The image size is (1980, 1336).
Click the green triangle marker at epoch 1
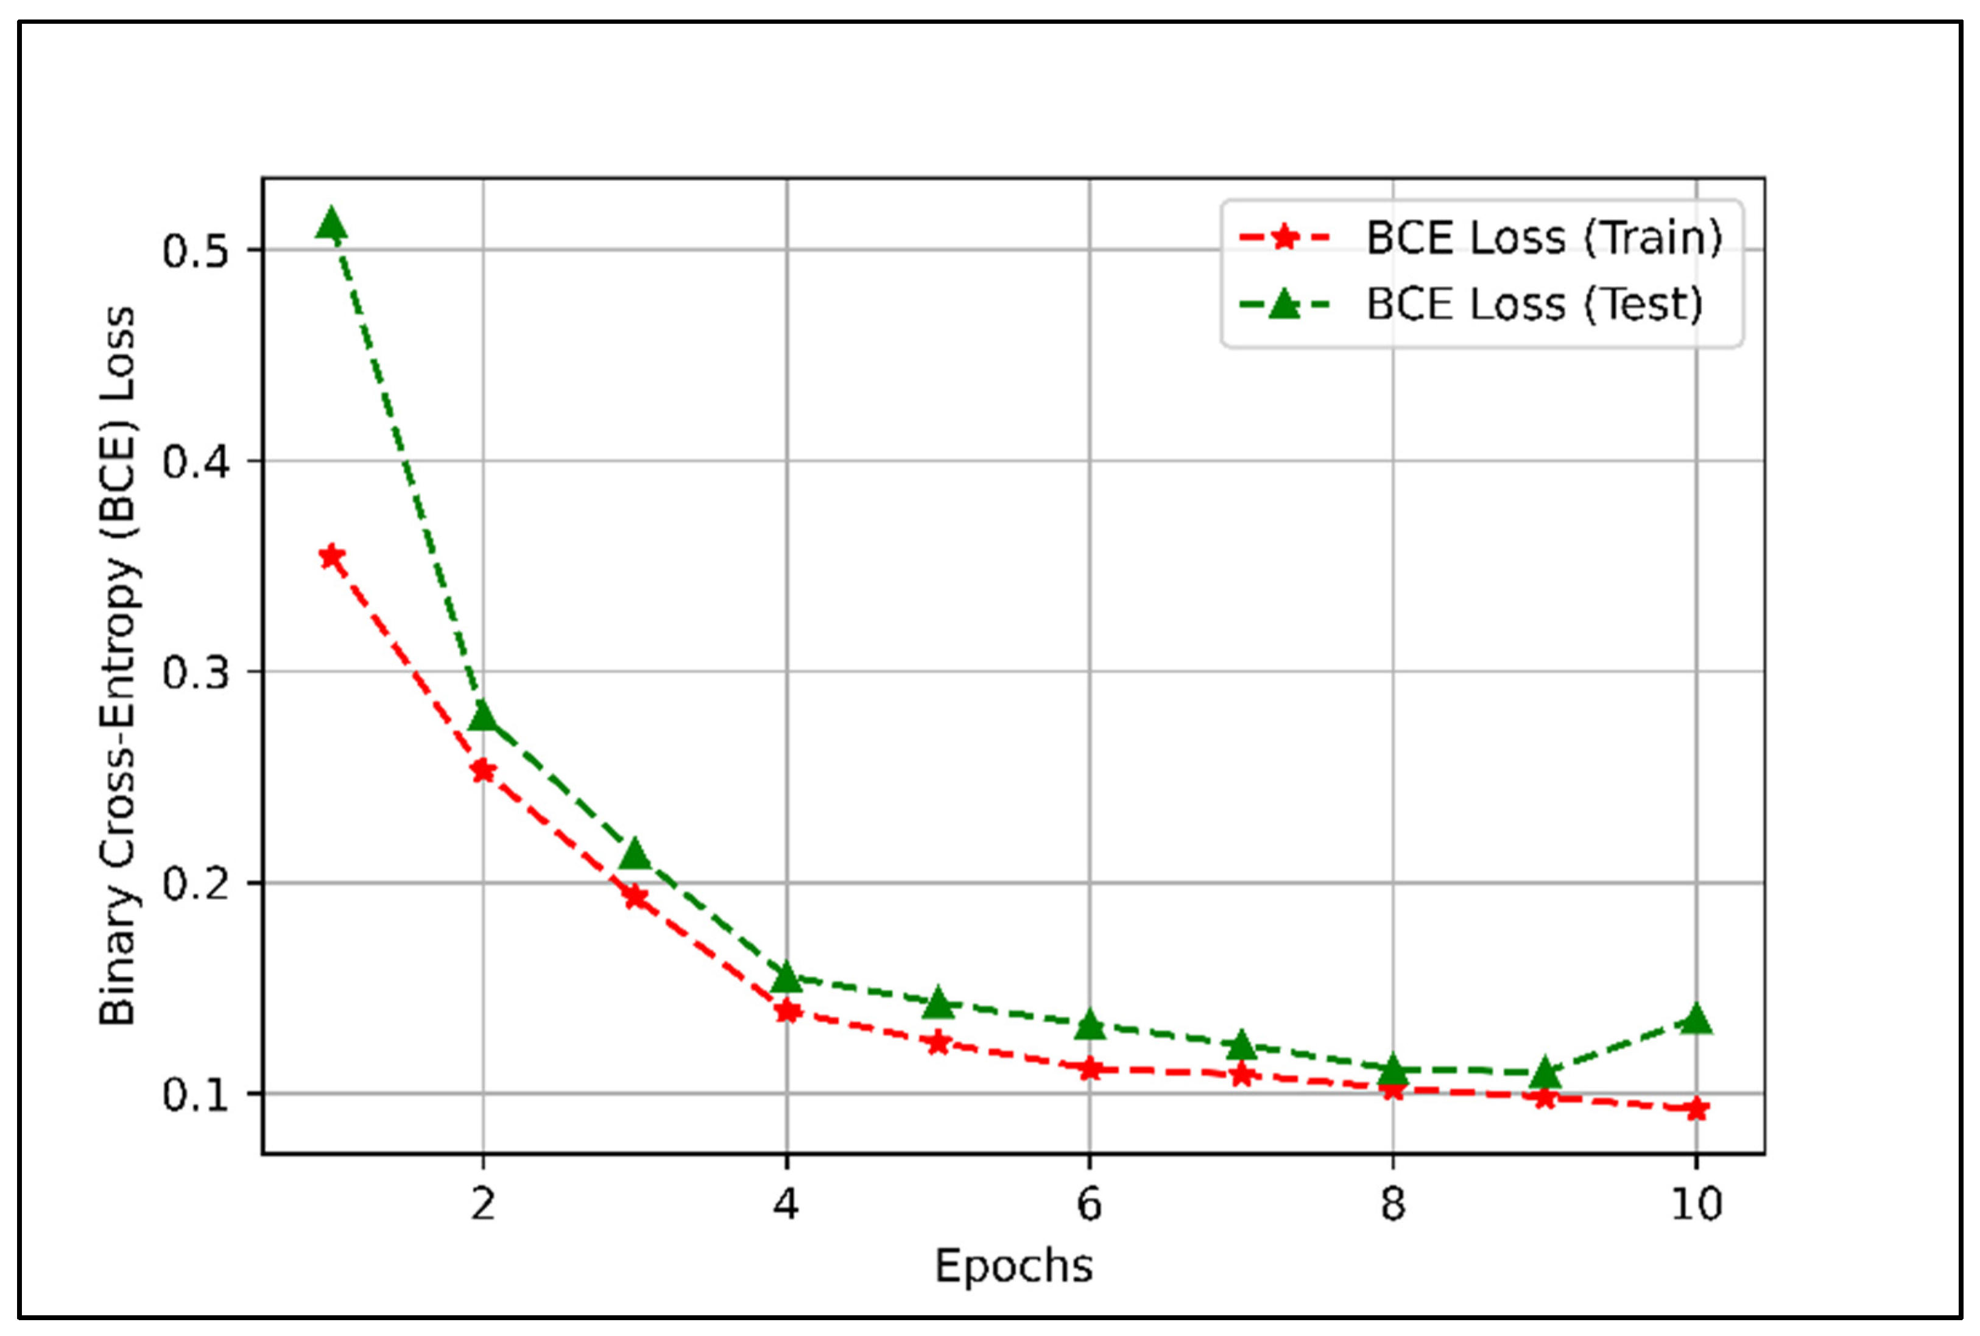coord(331,225)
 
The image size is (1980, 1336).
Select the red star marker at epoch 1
coord(331,557)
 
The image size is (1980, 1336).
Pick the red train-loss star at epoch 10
coord(1696,1109)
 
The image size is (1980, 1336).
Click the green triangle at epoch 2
coord(483,716)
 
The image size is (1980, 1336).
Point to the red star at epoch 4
coord(787,1011)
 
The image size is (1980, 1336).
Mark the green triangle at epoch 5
coord(938,1004)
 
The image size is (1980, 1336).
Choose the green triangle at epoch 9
coord(1545,1073)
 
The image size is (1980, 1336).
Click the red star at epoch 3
coord(635,897)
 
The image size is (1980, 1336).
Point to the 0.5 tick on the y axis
coord(196,250)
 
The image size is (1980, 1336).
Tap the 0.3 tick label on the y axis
coord(196,672)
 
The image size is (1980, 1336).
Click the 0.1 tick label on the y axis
coord(196,1095)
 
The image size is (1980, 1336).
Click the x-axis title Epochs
coord(1013,1266)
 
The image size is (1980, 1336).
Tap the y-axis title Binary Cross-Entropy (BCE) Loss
coord(118,665)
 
